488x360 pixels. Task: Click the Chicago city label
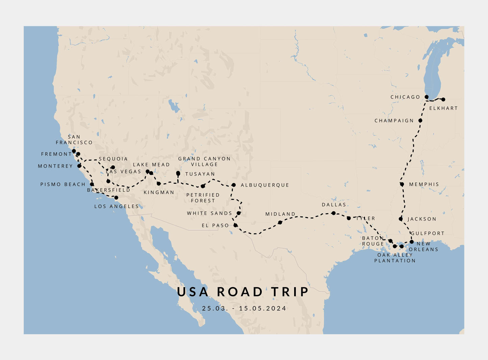click(405, 97)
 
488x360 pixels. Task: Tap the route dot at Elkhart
click(443, 99)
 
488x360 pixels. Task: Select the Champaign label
click(394, 121)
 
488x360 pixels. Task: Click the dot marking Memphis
click(402, 184)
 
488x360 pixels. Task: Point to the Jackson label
click(422, 219)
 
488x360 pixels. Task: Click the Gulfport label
click(428, 233)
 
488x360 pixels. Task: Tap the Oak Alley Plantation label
click(395, 258)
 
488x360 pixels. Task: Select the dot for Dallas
click(334, 213)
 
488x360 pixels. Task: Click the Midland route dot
click(280, 222)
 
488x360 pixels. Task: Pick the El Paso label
click(215, 226)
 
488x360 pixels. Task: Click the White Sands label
click(209, 213)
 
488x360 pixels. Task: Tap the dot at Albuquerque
click(233, 185)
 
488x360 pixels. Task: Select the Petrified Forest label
click(203, 198)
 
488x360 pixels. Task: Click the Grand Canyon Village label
click(204, 161)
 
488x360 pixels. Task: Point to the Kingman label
click(159, 192)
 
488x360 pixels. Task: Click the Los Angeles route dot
click(116, 198)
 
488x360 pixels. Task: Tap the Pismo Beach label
click(63, 184)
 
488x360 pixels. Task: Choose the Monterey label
click(55, 166)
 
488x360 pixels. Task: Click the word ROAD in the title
click(239, 292)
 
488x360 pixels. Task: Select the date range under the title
click(244, 308)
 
